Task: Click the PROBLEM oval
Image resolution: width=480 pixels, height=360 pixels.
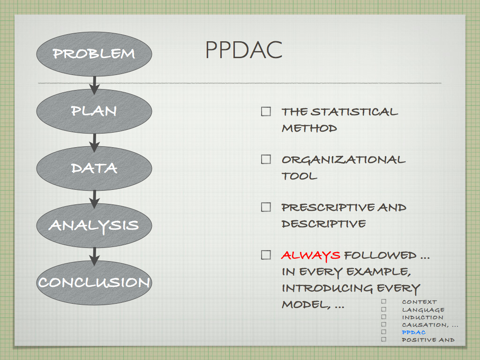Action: pyautogui.click(x=94, y=54)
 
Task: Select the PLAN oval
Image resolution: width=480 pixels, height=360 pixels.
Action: pyautogui.click(x=94, y=111)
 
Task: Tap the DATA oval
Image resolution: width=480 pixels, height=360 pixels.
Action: pyautogui.click(x=94, y=168)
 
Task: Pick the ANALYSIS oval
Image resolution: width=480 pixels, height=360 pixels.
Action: pyautogui.click(x=94, y=225)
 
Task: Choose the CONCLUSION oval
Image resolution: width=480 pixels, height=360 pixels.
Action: pyautogui.click(x=94, y=283)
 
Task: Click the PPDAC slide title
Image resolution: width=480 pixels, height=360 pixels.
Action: pyautogui.click(x=244, y=50)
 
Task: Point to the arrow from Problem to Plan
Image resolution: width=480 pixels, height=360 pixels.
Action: pyautogui.click(x=94, y=85)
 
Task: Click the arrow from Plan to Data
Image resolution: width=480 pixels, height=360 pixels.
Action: pyautogui.click(x=94, y=142)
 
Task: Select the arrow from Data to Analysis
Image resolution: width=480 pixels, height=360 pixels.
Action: pyautogui.click(x=94, y=200)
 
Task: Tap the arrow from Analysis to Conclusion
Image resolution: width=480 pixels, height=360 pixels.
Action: pyautogui.click(x=94, y=256)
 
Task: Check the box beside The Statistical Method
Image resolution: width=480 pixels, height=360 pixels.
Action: pyautogui.click(x=266, y=112)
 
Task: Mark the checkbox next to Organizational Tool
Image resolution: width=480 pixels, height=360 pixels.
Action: pyautogui.click(x=266, y=159)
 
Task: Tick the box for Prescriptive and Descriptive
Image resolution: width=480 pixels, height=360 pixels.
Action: pyautogui.click(x=266, y=207)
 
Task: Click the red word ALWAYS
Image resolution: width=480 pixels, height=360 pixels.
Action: pyautogui.click(x=311, y=255)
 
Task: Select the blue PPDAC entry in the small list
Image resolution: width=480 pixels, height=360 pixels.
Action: pyautogui.click(x=413, y=332)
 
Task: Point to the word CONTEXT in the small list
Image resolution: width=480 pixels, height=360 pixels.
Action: pyautogui.click(x=420, y=302)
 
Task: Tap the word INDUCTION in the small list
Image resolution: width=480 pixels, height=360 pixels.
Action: pyautogui.click(x=422, y=317)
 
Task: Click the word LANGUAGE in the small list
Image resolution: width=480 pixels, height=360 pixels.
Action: pyautogui.click(x=423, y=310)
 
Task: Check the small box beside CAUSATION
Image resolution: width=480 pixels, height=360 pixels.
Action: pyautogui.click(x=384, y=324)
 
